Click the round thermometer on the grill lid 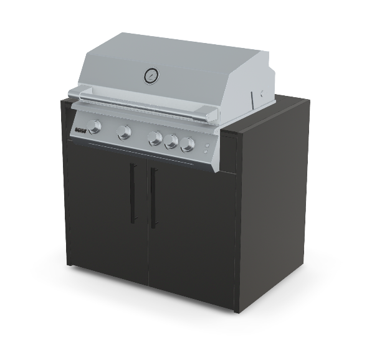point(151,75)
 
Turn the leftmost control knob point(95,127)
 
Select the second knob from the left point(125,132)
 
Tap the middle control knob point(155,138)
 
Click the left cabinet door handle point(133,193)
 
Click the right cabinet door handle point(153,199)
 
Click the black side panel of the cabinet point(274,206)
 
